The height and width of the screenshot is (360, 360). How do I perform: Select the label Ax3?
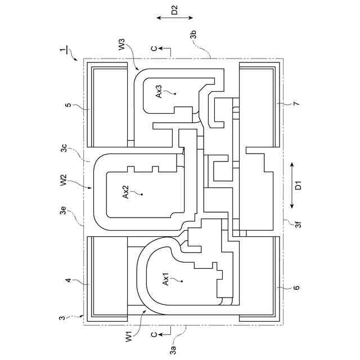tap(159, 91)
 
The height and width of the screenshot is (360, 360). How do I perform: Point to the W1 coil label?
tap(128, 337)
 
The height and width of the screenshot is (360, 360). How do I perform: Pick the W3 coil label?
tap(123, 44)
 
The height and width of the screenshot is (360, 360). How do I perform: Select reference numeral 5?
tap(68, 105)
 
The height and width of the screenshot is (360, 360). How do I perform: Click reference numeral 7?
tap(296, 104)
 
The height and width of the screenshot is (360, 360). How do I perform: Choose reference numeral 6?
tap(296, 287)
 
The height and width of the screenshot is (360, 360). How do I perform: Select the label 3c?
tap(65, 151)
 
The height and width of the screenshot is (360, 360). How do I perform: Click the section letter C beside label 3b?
tap(155, 49)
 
